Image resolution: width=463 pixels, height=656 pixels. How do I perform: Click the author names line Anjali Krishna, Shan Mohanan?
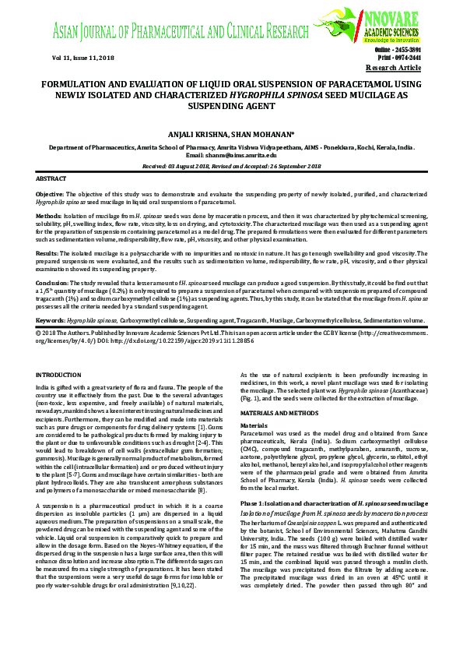click(232, 134)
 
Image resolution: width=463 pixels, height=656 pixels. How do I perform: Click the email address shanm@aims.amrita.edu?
click(232, 156)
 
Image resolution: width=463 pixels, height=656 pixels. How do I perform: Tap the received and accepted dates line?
click(232, 166)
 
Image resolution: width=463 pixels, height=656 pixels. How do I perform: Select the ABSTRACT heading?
click(52, 179)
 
